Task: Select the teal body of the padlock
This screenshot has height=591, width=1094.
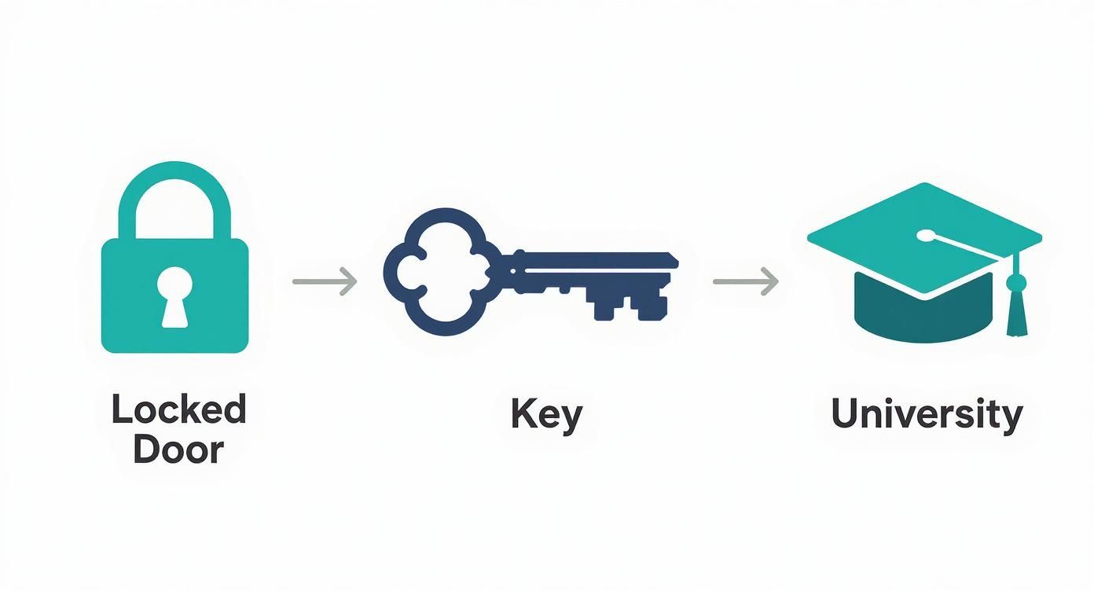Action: (126, 314)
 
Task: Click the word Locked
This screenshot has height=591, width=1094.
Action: (178, 409)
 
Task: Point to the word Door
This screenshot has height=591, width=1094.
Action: (178, 450)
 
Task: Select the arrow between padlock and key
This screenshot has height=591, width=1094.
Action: (325, 281)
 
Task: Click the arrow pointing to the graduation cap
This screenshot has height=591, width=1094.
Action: (745, 281)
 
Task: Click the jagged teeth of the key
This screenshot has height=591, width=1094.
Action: (629, 303)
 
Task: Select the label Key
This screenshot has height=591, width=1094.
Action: (546, 414)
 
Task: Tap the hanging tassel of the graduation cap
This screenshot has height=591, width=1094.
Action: (1017, 314)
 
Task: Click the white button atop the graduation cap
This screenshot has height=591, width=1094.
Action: (927, 234)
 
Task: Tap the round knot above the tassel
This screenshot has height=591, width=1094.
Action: (1016, 282)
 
